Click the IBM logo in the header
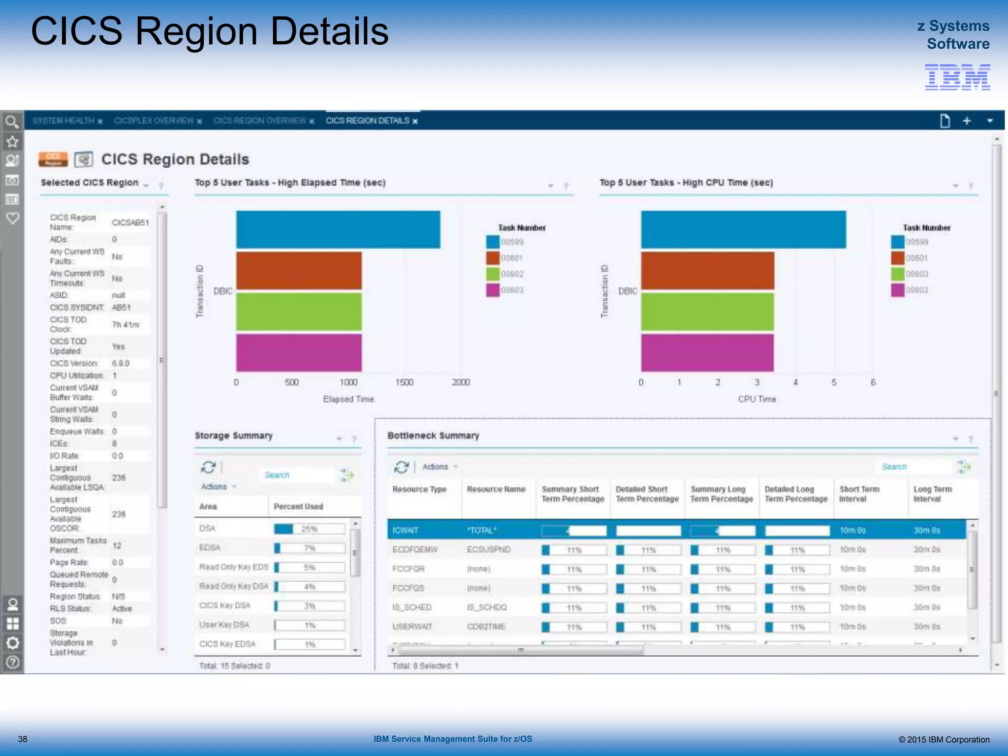click(x=957, y=77)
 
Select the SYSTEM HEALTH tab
click(x=63, y=121)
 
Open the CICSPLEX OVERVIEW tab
click(x=154, y=121)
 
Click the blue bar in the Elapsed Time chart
click(x=338, y=229)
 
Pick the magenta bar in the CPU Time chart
click(x=707, y=352)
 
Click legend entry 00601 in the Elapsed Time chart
click(x=512, y=258)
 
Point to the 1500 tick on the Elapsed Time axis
click(x=404, y=382)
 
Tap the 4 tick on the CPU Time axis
click(x=795, y=382)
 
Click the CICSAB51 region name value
click(x=130, y=222)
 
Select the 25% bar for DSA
click(x=309, y=529)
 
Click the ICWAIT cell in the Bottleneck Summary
click(x=405, y=530)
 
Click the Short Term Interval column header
click(x=859, y=494)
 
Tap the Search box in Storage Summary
click(x=295, y=475)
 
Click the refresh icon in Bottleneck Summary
click(x=401, y=467)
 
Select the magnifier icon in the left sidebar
click(x=12, y=121)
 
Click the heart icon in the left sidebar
click(x=12, y=218)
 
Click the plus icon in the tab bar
click(x=967, y=121)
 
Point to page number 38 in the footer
click(x=23, y=739)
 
